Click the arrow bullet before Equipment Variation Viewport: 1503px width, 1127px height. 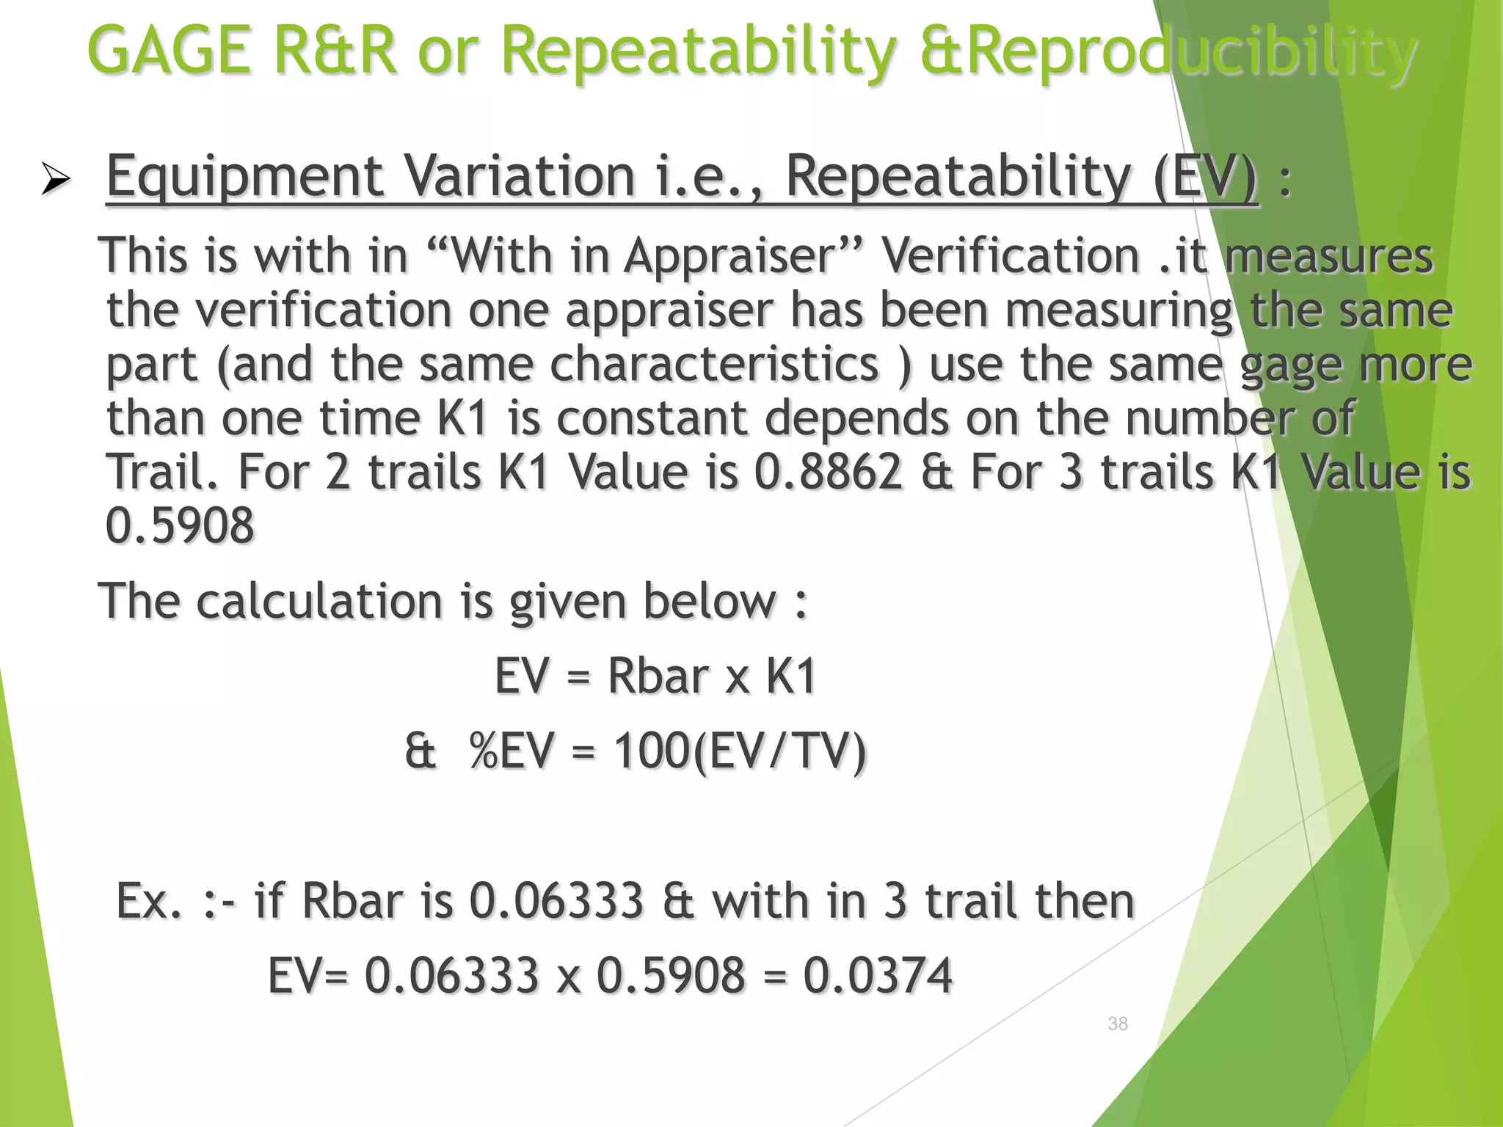[x=55, y=179]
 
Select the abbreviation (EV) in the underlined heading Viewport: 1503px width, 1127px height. [x=1205, y=178]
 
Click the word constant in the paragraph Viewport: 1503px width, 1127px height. [x=652, y=418]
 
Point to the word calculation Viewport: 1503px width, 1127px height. [x=320, y=601]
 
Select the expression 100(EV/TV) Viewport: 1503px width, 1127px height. [x=740, y=751]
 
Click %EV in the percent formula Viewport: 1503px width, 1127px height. [x=512, y=751]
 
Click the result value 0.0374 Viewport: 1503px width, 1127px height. [x=878, y=976]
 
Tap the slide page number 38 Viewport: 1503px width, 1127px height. [x=1118, y=1024]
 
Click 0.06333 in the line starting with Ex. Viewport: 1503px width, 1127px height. [x=556, y=901]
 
